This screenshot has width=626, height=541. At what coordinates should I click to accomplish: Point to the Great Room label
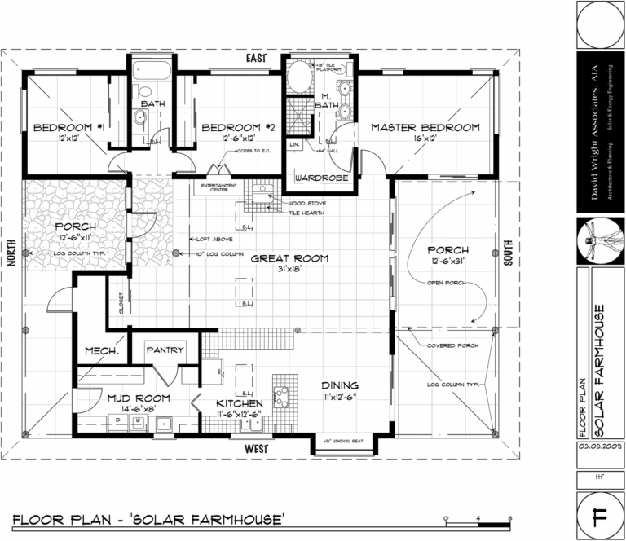pyautogui.click(x=289, y=258)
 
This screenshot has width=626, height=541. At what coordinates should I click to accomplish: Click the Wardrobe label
pyautogui.click(x=322, y=177)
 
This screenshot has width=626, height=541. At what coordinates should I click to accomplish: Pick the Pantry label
pyautogui.click(x=165, y=350)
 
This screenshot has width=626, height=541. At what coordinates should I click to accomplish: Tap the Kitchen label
pyautogui.click(x=239, y=403)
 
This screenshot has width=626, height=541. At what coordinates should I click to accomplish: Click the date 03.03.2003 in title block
pyautogui.click(x=599, y=448)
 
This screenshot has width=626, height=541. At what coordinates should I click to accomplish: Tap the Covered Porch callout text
pyautogui.click(x=453, y=345)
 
